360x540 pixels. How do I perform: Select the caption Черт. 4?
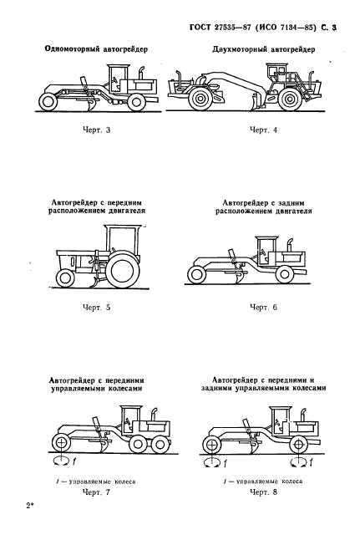266,130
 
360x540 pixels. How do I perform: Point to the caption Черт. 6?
266,308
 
